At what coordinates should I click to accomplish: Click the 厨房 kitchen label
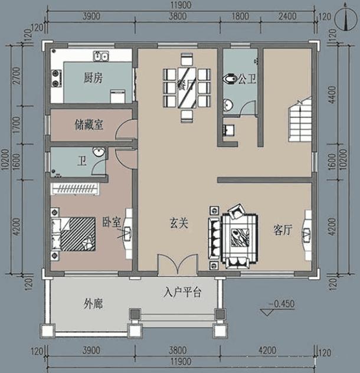tap(93, 78)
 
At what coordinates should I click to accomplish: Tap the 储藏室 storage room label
tap(89, 125)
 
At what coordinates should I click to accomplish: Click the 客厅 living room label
tap(283, 231)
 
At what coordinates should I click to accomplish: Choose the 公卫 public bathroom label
tap(246, 78)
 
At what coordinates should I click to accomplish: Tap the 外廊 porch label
tap(93, 305)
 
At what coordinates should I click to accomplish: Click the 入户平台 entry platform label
tap(183, 292)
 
